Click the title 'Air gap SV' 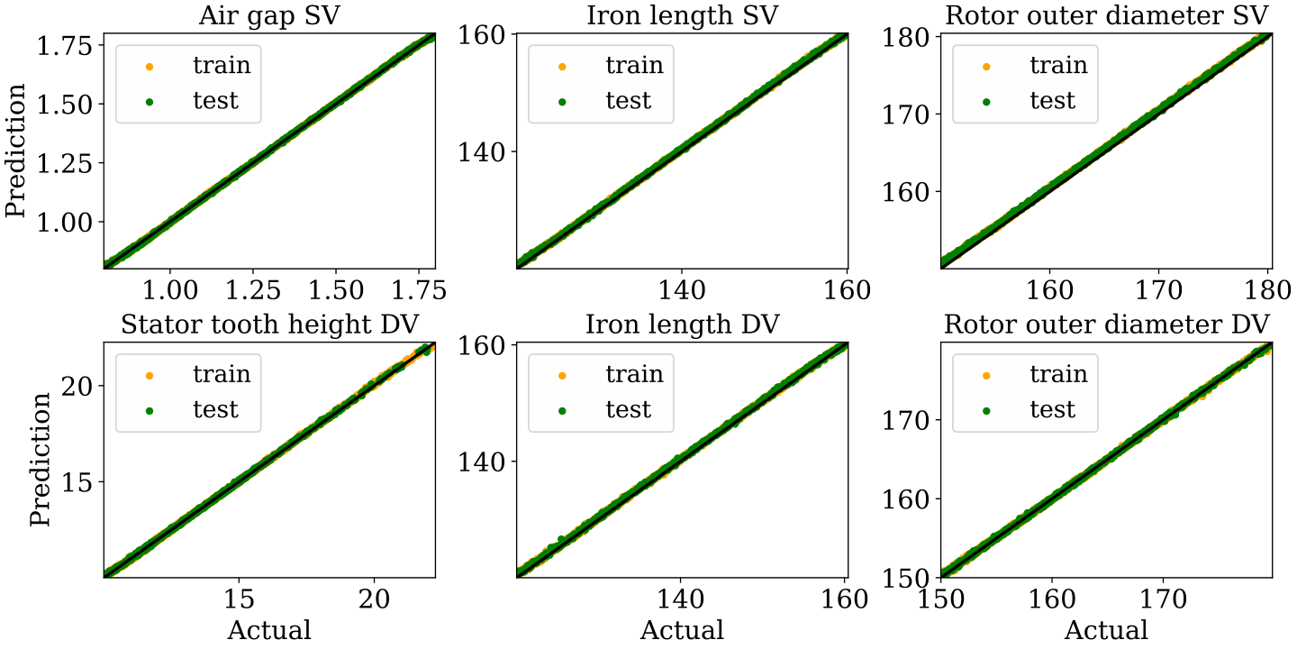269,16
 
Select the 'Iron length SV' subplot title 682,16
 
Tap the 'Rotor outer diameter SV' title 1106,16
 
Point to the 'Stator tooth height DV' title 269,325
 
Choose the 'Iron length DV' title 682,325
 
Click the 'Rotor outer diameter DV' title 1106,325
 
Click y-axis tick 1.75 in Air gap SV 65,46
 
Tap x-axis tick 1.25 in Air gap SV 252,290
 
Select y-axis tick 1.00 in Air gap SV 65,222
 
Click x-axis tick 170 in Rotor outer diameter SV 1158,290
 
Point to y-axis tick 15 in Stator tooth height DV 77,482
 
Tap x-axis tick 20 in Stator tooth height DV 374,599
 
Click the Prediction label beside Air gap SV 15,151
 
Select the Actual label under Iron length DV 682,630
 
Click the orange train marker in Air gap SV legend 150,67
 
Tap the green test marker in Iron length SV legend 562,102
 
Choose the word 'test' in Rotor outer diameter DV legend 1052,409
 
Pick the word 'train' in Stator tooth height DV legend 222,374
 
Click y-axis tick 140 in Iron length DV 482,462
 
